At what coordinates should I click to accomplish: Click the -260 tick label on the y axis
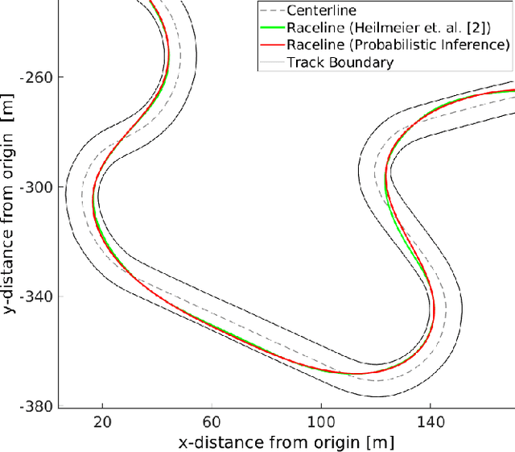pyautogui.click(x=39, y=78)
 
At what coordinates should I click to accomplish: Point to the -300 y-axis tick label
pyautogui.click(x=39, y=188)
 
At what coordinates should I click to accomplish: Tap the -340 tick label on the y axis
pyautogui.click(x=39, y=296)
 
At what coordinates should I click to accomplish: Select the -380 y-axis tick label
pyautogui.click(x=39, y=406)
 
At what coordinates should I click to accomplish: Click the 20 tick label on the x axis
pyautogui.click(x=102, y=421)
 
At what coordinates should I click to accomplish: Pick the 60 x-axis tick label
pyautogui.click(x=212, y=421)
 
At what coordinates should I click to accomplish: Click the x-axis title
pyautogui.click(x=287, y=442)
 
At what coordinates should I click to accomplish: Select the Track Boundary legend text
pyautogui.click(x=340, y=62)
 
